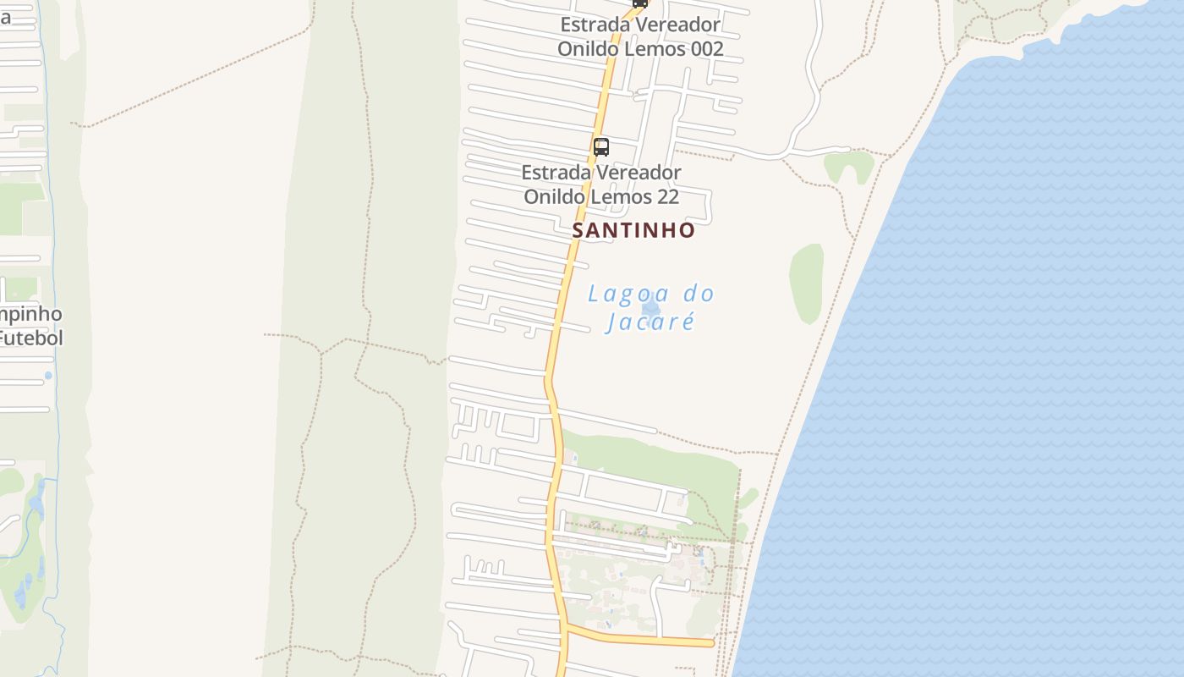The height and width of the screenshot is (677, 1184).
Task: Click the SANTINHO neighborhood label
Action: pyautogui.click(x=633, y=230)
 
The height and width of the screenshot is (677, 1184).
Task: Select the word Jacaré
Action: pyautogui.click(x=650, y=322)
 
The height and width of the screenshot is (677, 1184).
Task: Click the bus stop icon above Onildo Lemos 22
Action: pyautogui.click(x=601, y=146)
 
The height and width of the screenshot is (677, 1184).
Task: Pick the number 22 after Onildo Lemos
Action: pyautogui.click(x=667, y=197)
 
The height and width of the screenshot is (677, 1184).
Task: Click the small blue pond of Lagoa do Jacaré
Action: pyautogui.click(x=650, y=305)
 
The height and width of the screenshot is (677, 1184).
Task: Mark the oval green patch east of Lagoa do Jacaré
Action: pyautogui.click(x=806, y=283)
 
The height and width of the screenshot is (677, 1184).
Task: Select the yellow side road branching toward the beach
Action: pyautogui.click(x=643, y=639)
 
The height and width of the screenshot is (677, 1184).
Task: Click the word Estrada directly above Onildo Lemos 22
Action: pyautogui.click(x=555, y=173)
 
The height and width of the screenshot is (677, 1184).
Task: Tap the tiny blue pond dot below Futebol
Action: pyautogui.click(x=48, y=375)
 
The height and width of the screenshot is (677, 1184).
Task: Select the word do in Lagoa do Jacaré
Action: pyautogui.click(x=699, y=294)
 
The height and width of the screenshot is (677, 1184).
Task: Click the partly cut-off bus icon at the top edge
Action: pyautogui.click(x=640, y=3)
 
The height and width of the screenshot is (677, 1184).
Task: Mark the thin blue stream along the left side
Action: pyautogui.click(x=52, y=254)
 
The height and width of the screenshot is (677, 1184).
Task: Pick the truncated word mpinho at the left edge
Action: pyautogui.click(x=30, y=314)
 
